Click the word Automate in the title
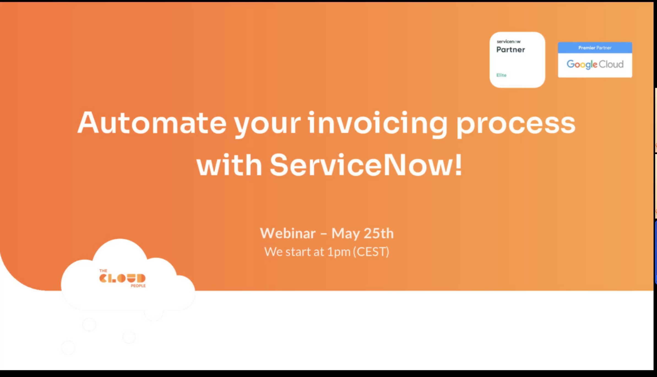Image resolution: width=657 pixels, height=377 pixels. (151, 123)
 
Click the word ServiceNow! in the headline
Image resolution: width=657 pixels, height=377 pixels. (366, 165)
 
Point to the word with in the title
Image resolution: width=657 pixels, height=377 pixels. (229, 165)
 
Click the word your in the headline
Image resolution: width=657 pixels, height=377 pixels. (267, 126)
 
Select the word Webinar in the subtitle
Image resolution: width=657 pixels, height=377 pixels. (288, 233)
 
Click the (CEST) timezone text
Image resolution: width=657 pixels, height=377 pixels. (371, 252)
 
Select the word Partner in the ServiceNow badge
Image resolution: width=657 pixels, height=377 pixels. (511, 50)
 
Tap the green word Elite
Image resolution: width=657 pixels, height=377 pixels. (501, 75)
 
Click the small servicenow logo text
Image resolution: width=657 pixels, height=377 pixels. (509, 42)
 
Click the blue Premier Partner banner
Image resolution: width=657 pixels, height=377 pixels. (595, 48)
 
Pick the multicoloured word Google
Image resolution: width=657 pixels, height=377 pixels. (582, 65)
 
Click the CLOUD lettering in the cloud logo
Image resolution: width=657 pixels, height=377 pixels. (122, 278)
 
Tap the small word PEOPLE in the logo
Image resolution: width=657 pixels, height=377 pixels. (138, 286)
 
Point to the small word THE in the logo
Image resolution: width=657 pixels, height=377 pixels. (103, 271)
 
